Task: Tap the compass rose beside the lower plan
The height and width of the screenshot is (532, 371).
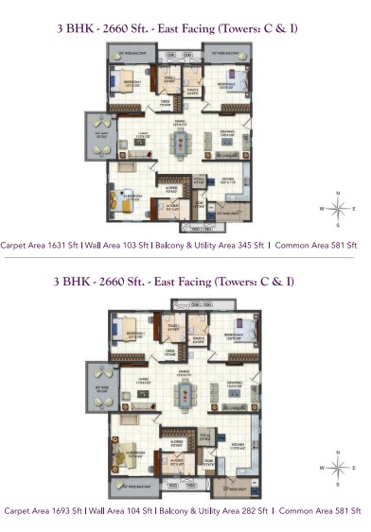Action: (x=338, y=470)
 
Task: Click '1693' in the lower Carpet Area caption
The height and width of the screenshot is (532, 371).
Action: (x=62, y=510)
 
